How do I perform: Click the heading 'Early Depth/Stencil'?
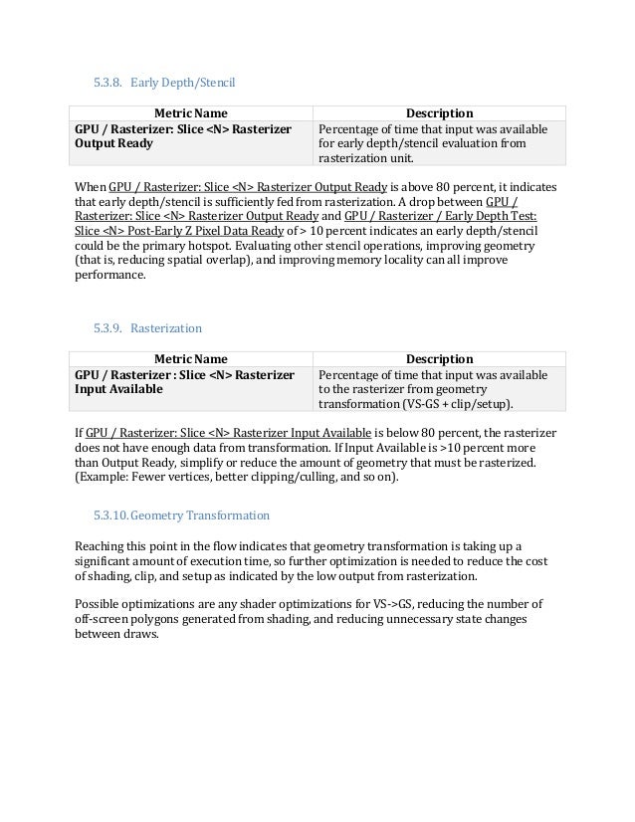[190, 79]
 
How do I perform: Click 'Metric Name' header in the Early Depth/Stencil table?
[189, 112]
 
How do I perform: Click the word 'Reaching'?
[101, 547]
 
